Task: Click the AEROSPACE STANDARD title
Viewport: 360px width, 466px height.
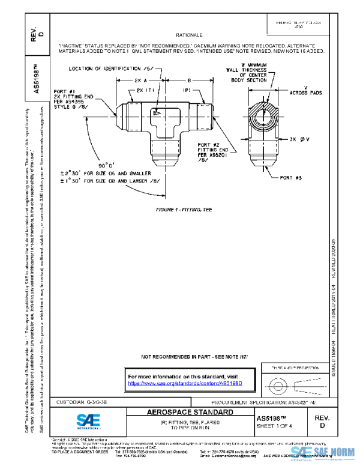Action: [190, 413]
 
